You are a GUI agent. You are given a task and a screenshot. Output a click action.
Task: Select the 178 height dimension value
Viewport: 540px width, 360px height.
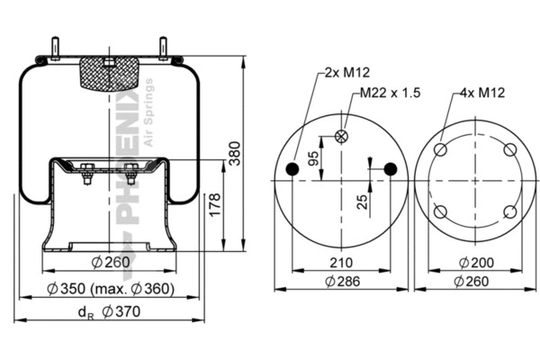pos(214,205)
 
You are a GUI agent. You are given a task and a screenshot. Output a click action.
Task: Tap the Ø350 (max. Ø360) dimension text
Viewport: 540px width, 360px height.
pos(111,289)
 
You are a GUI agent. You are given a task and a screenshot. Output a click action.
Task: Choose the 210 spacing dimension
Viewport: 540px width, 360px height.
pos(339,263)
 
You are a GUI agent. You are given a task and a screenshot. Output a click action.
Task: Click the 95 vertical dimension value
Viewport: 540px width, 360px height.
pos(313,158)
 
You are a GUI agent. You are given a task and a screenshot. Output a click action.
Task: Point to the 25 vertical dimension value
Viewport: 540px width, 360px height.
pos(363,201)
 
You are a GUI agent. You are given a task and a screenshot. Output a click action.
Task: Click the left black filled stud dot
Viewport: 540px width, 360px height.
pos(292,169)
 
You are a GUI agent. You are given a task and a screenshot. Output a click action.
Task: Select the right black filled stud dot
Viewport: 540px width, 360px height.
pos(390,169)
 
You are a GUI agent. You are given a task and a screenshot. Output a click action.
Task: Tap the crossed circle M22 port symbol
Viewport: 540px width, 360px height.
pos(341,136)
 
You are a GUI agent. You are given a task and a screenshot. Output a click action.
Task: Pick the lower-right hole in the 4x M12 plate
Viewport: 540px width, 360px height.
pos(509,211)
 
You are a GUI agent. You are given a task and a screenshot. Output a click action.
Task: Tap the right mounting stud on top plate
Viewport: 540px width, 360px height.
pos(163,47)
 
